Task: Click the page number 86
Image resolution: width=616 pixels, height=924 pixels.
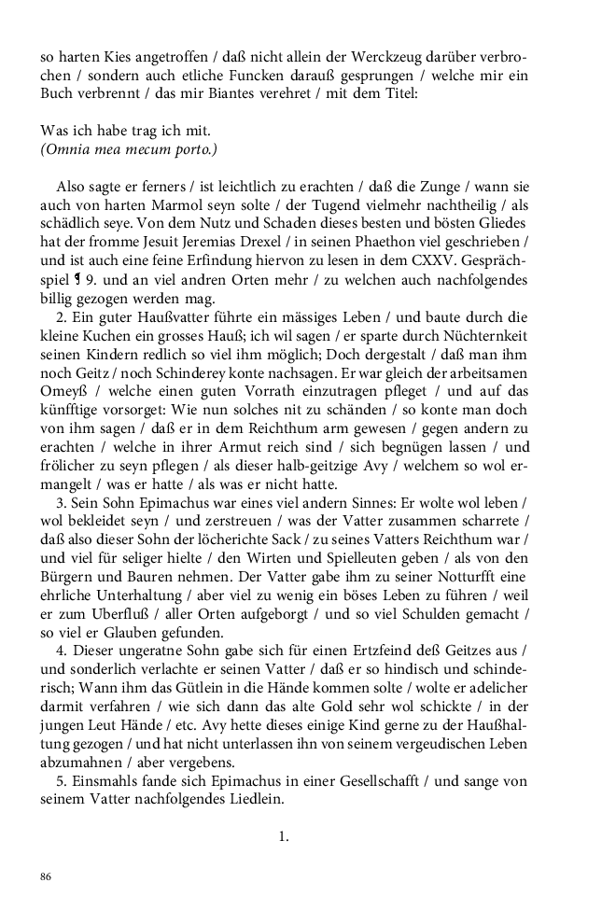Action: tap(46, 876)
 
